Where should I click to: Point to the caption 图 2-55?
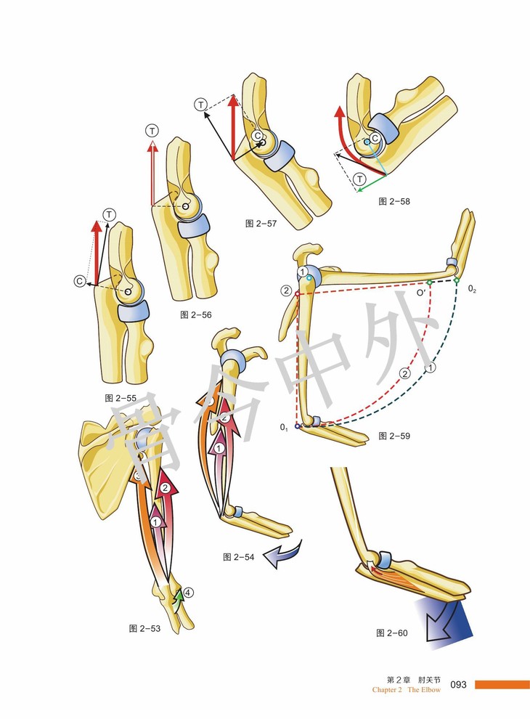click(x=121, y=398)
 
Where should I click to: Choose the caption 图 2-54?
click(x=240, y=557)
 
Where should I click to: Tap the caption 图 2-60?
click(x=392, y=633)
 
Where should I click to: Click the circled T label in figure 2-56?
click(x=152, y=131)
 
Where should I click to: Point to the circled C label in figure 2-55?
click(x=79, y=281)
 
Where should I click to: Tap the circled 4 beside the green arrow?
click(x=188, y=593)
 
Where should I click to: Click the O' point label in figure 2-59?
click(x=420, y=292)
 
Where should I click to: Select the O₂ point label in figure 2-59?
click(x=472, y=289)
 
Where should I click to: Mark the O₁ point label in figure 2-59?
click(x=285, y=428)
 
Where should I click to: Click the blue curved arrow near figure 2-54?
click(x=282, y=556)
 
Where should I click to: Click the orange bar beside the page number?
click(x=502, y=684)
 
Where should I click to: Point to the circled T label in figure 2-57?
click(x=200, y=105)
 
